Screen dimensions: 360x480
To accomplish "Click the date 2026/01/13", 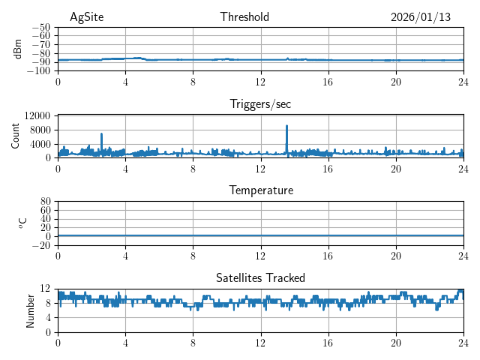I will coord(421,17).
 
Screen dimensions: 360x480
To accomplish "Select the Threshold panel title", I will coord(244,17).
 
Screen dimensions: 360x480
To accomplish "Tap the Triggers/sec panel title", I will coord(260,104).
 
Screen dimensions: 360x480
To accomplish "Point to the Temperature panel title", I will coord(261,190).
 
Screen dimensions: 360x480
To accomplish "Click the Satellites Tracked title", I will coord(260,278).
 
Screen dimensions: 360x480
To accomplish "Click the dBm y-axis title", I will coord(18,49).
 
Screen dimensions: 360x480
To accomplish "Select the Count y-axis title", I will coord(16,136).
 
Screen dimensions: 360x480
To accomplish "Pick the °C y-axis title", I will coord(22,223).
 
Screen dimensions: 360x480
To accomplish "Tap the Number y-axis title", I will coord(30,310).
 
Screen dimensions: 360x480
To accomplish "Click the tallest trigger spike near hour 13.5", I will coord(287,127).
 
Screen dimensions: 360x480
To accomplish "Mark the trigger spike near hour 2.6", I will coord(102,135).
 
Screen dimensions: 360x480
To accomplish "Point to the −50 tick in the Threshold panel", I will coord(40,27).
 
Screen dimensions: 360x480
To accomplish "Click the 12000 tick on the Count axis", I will coord(37,115).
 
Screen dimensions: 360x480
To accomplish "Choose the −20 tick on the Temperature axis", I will coord(40,245).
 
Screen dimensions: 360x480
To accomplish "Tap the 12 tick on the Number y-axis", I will coord(46,289).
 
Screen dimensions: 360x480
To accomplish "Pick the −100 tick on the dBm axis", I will coord(38,71).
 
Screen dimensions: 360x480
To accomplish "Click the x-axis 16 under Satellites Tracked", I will coord(328,342).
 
